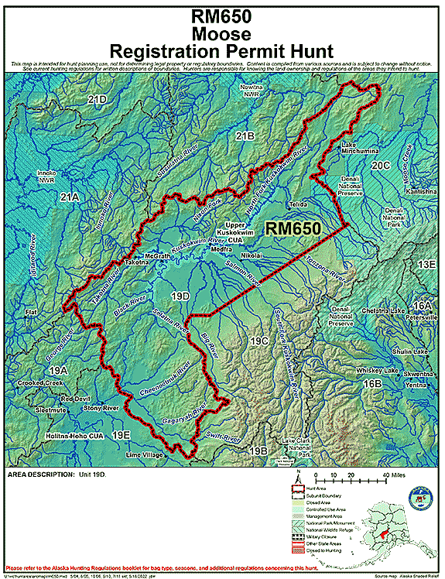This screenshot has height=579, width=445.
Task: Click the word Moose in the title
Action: point(222,33)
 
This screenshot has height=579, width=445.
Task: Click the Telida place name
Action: point(299,204)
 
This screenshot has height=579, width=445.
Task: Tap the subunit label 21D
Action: point(97,100)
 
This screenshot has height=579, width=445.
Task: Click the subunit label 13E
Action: point(426,265)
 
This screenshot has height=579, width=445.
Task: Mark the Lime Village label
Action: point(145,455)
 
